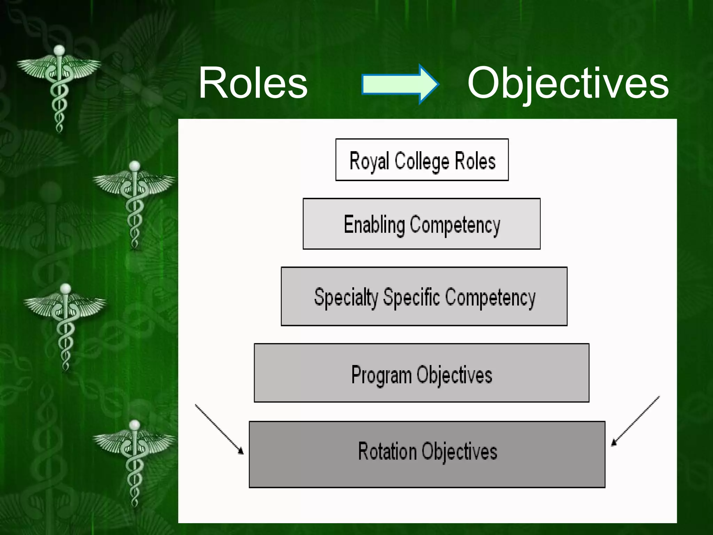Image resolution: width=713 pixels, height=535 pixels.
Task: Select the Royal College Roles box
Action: (x=422, y=160)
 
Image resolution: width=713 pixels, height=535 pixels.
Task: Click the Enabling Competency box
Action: (x=422, y=224)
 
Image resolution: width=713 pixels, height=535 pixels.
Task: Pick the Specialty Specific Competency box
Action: (x=424, y=296)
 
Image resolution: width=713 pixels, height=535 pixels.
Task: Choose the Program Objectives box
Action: (x=422, y=373)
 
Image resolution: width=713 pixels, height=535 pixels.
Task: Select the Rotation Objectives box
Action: (x=427, y=454)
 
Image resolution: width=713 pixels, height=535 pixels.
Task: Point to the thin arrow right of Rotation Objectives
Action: (x=635, y=421)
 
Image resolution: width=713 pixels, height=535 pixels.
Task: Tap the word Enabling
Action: (x=374, y=225)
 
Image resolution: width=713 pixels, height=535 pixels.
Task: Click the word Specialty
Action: (x=346, y=298)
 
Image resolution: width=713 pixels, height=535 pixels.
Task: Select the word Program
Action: (x=381, y=375)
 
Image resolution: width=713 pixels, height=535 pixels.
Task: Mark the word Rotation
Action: (x=387, y=451)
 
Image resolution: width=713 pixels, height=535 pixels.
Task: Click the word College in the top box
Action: (x=422, y=162)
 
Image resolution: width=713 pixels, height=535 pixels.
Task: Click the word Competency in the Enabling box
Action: (x=455, y=225)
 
